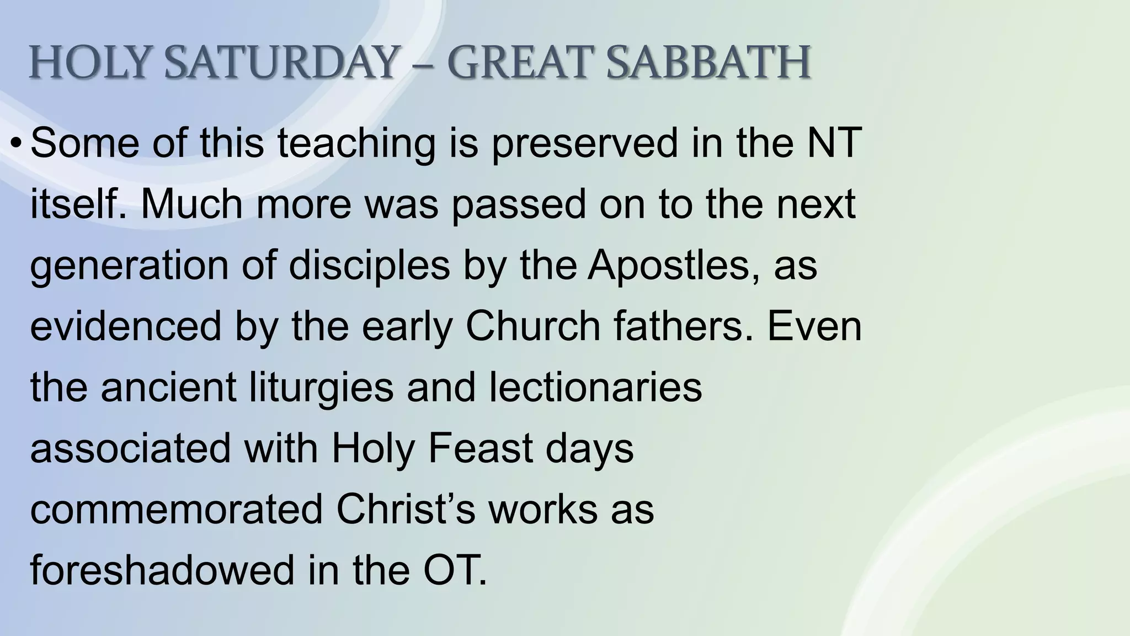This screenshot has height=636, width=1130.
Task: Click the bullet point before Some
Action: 17,144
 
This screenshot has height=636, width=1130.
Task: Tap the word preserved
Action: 584,144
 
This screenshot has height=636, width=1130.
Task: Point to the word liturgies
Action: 322,388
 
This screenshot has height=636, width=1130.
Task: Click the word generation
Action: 129,266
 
